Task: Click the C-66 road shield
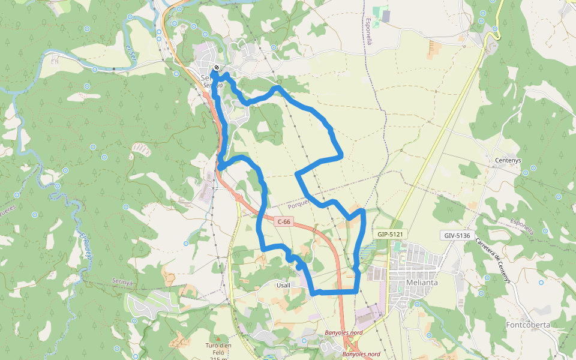point(284,222)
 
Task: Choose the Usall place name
point(283,285)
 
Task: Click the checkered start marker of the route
point(216,68)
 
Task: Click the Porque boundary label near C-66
point(298,205)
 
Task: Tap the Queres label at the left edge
point(7,211)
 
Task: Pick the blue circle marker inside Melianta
point(413,303)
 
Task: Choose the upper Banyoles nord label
point(343,332)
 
